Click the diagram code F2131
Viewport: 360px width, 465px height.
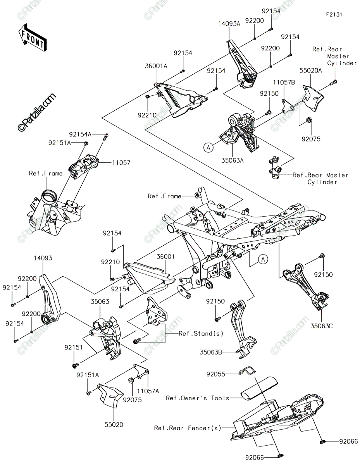click(x=334, y=15)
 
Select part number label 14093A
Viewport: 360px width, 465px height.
click(x=229, y=24)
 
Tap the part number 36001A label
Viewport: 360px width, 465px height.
click(x=156, y=66)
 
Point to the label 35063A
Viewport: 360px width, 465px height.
click(x=232, y=160)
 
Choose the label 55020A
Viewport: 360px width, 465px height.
click(x=310, y=71)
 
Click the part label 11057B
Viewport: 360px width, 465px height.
click(x=284, y=83)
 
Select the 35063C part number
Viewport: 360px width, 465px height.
click(x=322, y=326)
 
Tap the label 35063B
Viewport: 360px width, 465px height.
click(x=211, y=352)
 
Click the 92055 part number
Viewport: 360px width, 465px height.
click(x=215, y=374)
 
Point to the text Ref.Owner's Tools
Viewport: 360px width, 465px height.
click(x=198, y=398)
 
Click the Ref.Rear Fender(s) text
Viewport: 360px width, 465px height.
click(x=188, y=428)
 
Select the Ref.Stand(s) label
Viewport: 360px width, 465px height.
click(x=201, y=333)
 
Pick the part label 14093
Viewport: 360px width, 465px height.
click(x=43, y=258)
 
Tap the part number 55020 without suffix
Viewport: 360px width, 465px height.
click(x=114, y=425)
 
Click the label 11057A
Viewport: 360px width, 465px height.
click(x=148, y=391)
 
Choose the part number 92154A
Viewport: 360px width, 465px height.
click(x=80, y=134)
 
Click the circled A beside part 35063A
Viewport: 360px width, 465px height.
click(x=208, y=147)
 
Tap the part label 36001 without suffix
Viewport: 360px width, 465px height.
click(x=165, y=257)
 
